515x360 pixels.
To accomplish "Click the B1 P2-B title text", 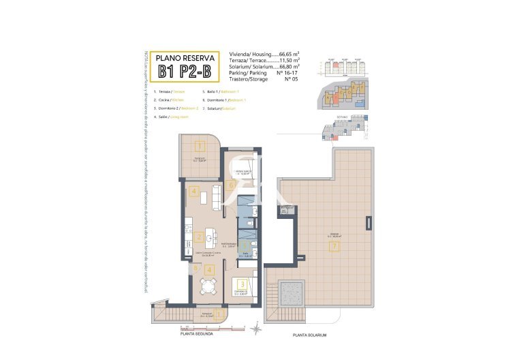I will [185, 72].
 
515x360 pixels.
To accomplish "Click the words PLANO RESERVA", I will [185, 58].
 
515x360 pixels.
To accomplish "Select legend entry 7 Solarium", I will [221, 108].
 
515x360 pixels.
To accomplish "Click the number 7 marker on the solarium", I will [334, 247].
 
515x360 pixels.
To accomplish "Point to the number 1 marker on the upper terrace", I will [200, 146].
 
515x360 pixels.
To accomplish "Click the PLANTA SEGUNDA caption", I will [196, 334].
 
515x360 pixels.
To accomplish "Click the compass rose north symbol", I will [255, 329].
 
